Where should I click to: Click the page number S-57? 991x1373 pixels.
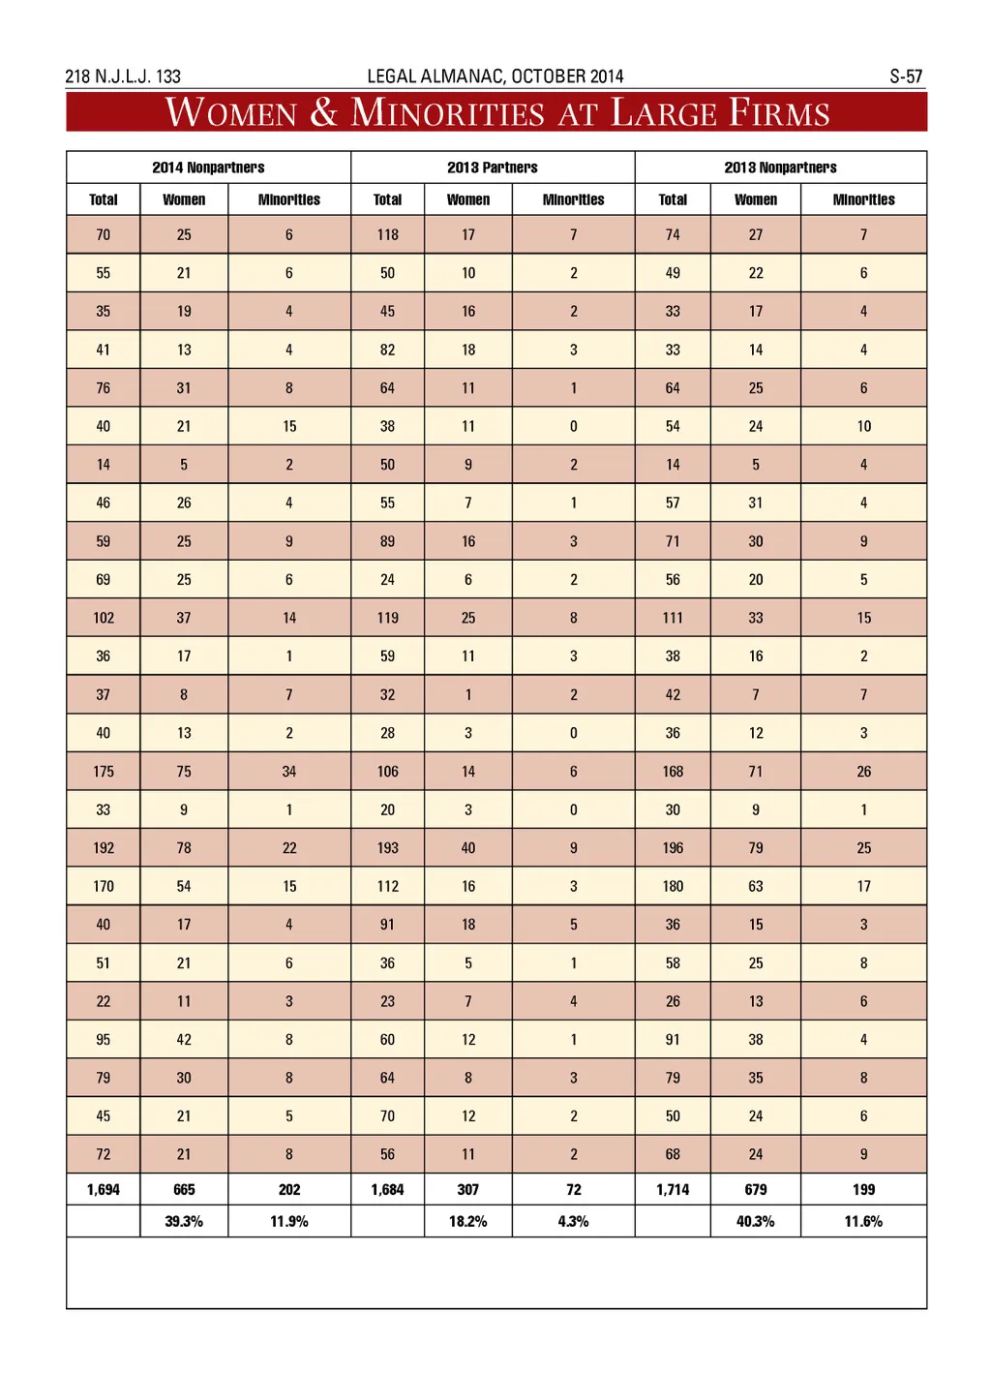click(x=906, y=76)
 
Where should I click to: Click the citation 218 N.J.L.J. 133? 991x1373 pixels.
click(x=123, y=76)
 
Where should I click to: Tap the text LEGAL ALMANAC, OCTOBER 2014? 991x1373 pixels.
click(x=495, y=76)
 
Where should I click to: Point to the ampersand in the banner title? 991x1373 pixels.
click(x=324, y=113)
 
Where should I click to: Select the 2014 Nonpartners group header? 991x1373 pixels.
click(x=208, y=168)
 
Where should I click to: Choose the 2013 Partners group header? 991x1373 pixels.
click(x=493, y=168)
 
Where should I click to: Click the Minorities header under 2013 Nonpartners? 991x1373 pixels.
click(x=863, y=199)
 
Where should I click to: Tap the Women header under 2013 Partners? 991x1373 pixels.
click(x=468, y=199)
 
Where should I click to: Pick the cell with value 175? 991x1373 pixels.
click(x=104, y=772)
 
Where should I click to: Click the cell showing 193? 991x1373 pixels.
click(x=388, y=848)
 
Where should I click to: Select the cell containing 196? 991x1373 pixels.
click(x=673, y=848)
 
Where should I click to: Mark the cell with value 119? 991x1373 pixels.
click(x=388, y=618)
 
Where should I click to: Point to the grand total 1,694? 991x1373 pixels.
click(x=104, y=1190)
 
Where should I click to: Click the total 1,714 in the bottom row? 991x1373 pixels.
click(x=673, y=1190)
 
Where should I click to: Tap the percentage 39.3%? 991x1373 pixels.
click(x=184, y=1222)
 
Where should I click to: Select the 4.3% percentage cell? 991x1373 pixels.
click(x=574, y=1222)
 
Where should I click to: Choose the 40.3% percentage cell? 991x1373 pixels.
click(x=756, y=1222)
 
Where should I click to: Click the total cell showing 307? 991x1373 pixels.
click(x=468, y=1190)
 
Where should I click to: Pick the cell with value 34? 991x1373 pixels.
click(x=289, y=772)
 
